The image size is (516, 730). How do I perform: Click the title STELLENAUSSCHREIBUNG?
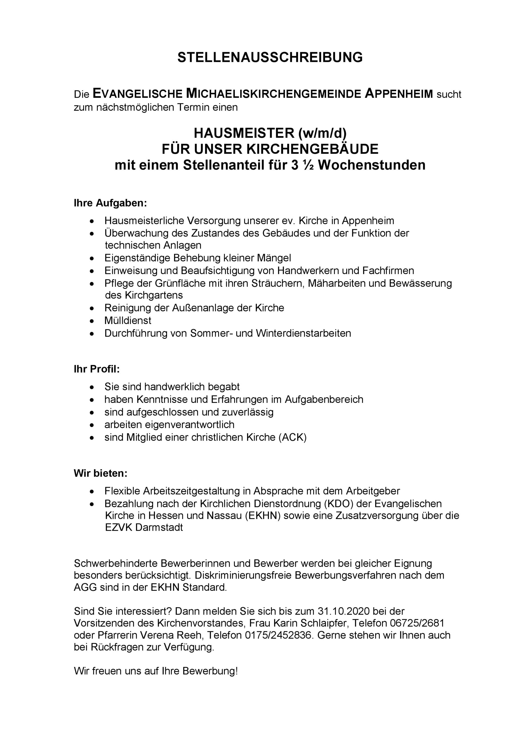tap(270, 58)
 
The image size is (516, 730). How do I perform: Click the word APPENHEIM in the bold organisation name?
tap(399, 94)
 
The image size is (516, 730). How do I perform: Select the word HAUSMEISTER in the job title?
tap(244, 133)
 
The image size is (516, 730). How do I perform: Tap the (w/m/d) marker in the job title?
tap(322, 133)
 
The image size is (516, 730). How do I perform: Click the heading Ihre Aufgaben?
tap(110, 203)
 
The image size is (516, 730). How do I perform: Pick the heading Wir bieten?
tap(100, 473)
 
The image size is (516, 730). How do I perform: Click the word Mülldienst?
tap(128, 321)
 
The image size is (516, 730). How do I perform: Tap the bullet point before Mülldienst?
tap(92, 321)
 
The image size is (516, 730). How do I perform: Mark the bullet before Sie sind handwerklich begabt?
tap(92, 387)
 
